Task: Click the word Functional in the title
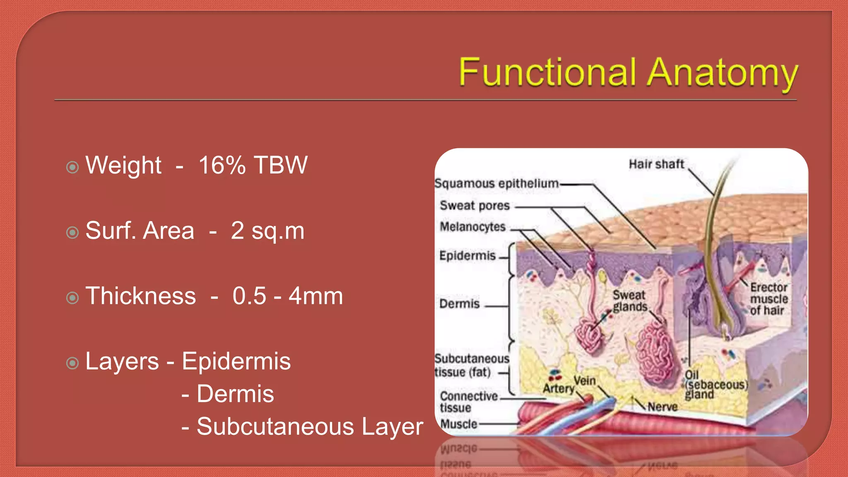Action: tap(547, 72)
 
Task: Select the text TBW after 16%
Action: tap(280, 165)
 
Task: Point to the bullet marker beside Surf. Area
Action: tap(72, 232)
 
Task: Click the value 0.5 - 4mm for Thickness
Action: tap(288, 296)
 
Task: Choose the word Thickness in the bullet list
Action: tap(141, 296)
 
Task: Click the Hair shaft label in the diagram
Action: tap(656, 164)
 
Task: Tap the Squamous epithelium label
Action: tap(496, 183)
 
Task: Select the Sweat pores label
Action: tap(475, 205)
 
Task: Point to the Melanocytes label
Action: tap(472, 227)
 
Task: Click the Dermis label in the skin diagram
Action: tap(459, 304)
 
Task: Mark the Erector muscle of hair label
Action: tap(768, 299)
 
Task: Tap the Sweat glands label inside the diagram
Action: tap(630, 301)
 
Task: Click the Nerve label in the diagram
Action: tap(662, 407)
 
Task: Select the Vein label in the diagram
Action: tap(585, 380)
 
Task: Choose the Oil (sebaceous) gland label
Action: tap(715, 385)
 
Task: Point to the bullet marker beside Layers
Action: tap(72, 363)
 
